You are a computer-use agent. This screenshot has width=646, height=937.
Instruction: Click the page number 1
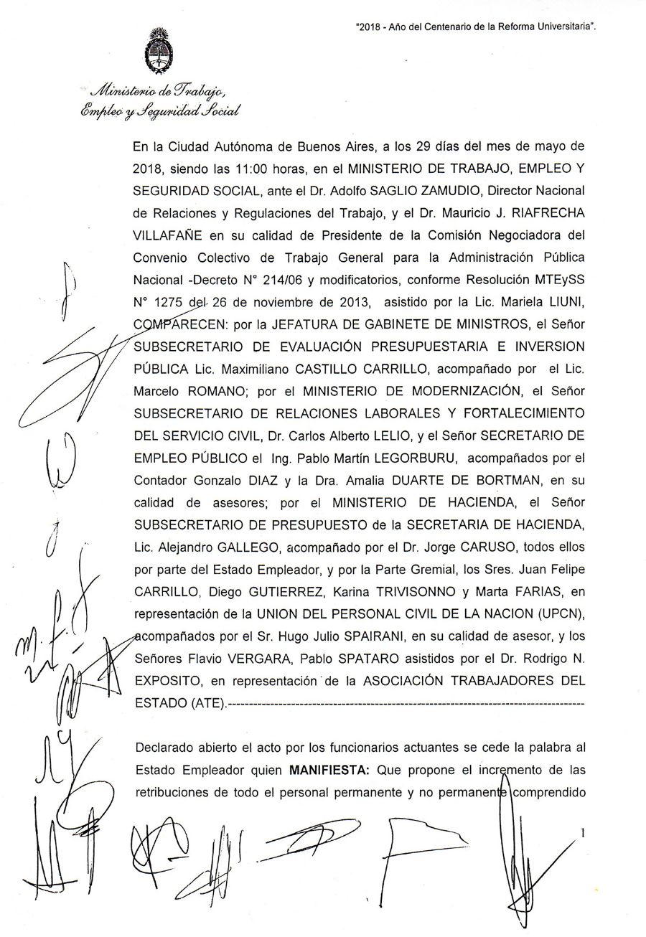pos(584,832)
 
